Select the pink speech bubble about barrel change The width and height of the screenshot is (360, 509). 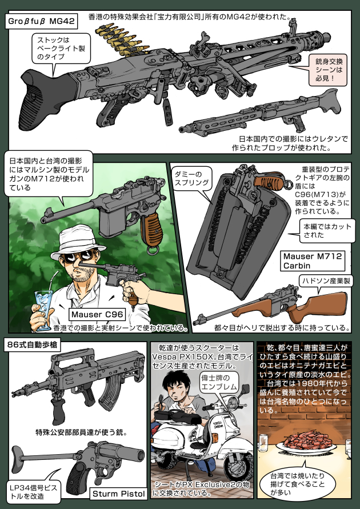(328, 70)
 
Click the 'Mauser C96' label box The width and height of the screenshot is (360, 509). (97, 315)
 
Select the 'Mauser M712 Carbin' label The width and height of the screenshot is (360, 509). (313, 260)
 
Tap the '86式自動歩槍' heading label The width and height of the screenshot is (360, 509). (33, 345)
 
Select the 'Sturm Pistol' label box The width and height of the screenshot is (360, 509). (118, 494)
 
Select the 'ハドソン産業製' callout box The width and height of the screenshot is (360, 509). (325, 281)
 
